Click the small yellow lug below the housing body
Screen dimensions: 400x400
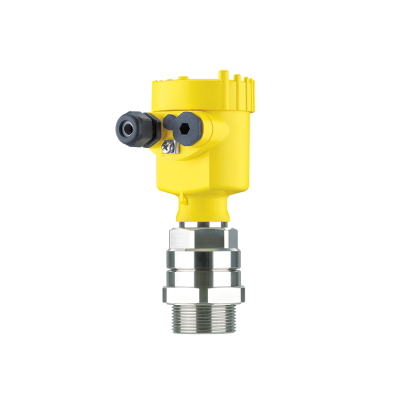coord(184,200)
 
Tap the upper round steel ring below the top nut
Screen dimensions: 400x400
coord(202,259)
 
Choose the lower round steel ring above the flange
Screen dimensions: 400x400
coord(202,279)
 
